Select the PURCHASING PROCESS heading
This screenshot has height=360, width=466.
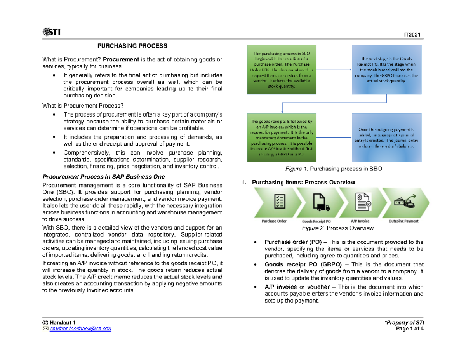pos(132,46)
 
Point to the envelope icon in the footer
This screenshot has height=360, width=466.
pos(45,329)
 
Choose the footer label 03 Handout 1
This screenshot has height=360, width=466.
pos(59,323)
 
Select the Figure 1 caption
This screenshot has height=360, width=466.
pos(334,169)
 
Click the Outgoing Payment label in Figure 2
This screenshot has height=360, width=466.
pos(403,221)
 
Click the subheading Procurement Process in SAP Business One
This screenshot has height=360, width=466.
pos(106,177)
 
